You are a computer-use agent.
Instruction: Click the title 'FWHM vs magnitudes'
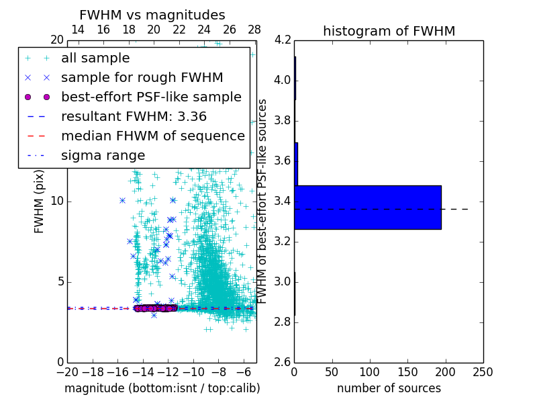(152, 15)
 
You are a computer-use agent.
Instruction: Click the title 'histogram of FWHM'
(389, 31)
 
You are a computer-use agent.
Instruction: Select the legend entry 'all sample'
(95, 58)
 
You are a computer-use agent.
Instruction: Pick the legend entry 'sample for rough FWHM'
(142, 77)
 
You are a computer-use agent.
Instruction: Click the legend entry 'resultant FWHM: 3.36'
(134, 116)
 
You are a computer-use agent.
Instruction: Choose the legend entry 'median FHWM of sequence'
(152, 136)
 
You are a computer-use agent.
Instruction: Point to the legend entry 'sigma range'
(103, 155)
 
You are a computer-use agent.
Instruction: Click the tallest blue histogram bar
(368, 207)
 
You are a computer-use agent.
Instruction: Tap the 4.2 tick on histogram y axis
(283, 40)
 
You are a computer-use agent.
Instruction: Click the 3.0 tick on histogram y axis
(283, 281)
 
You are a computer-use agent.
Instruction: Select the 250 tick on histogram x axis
(483, 372)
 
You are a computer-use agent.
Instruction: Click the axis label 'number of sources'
(389, 388)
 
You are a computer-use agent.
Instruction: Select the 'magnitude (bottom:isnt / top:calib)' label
(162, 388)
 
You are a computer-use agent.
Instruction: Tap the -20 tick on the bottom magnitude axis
(67, 372)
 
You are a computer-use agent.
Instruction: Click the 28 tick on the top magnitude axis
(254, 30)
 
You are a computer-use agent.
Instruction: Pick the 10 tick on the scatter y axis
(57, 201)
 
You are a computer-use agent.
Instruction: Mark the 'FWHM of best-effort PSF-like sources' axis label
(263, 201)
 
